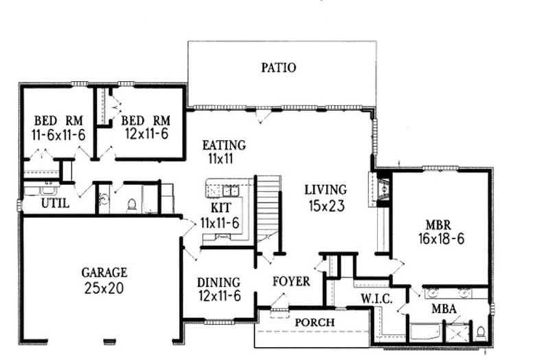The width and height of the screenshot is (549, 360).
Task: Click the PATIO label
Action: (x=279, y=67)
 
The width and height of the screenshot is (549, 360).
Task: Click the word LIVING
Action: (x=326, y=189)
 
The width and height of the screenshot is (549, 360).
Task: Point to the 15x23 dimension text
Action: (x=326, y=204)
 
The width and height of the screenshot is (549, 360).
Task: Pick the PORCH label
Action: (x=316, y=322)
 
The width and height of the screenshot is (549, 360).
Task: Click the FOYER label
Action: (x=291, y=281)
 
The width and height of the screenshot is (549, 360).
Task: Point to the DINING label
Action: (x=218, y=282)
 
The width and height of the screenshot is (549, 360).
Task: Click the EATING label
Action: (x=224, y=145)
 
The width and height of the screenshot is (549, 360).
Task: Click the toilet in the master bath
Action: (x=481, y=332)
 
